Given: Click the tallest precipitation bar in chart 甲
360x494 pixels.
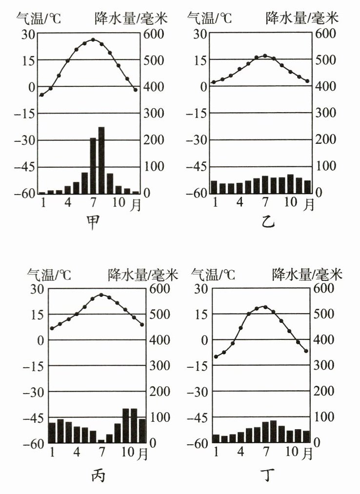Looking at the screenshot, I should pyautogui.click(x=101, y=160).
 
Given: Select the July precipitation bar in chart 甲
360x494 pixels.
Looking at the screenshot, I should pyautogui.click(x=93, y=166).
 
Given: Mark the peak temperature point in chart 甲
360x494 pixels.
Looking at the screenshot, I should pyautogui.click(x=93, y=40).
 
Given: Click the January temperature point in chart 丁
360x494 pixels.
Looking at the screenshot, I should pyautogui.click(x=216, y=357).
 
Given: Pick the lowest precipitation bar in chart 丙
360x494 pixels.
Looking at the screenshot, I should pyautogui.click(x=101, y=441).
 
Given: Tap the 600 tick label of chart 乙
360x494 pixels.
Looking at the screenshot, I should pyautogui.click(x=326, y=34).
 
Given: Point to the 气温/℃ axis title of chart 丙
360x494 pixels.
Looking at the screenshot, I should pyautogui.click(x=49, y=275).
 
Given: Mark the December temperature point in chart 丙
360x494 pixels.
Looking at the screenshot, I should pyautogui.click(x=142, y=325).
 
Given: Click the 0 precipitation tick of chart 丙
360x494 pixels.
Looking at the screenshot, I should pyautogui.click(x=154, y=443).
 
